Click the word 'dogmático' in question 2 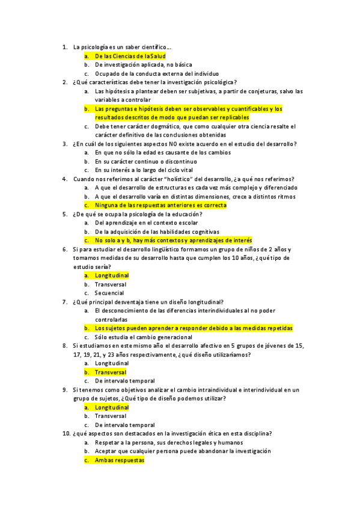[x=157, y=126]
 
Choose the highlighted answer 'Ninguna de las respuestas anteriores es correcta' [x=160, y=205]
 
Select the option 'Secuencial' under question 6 [x=110, y=293]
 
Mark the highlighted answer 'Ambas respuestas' [x=120, y=460]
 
